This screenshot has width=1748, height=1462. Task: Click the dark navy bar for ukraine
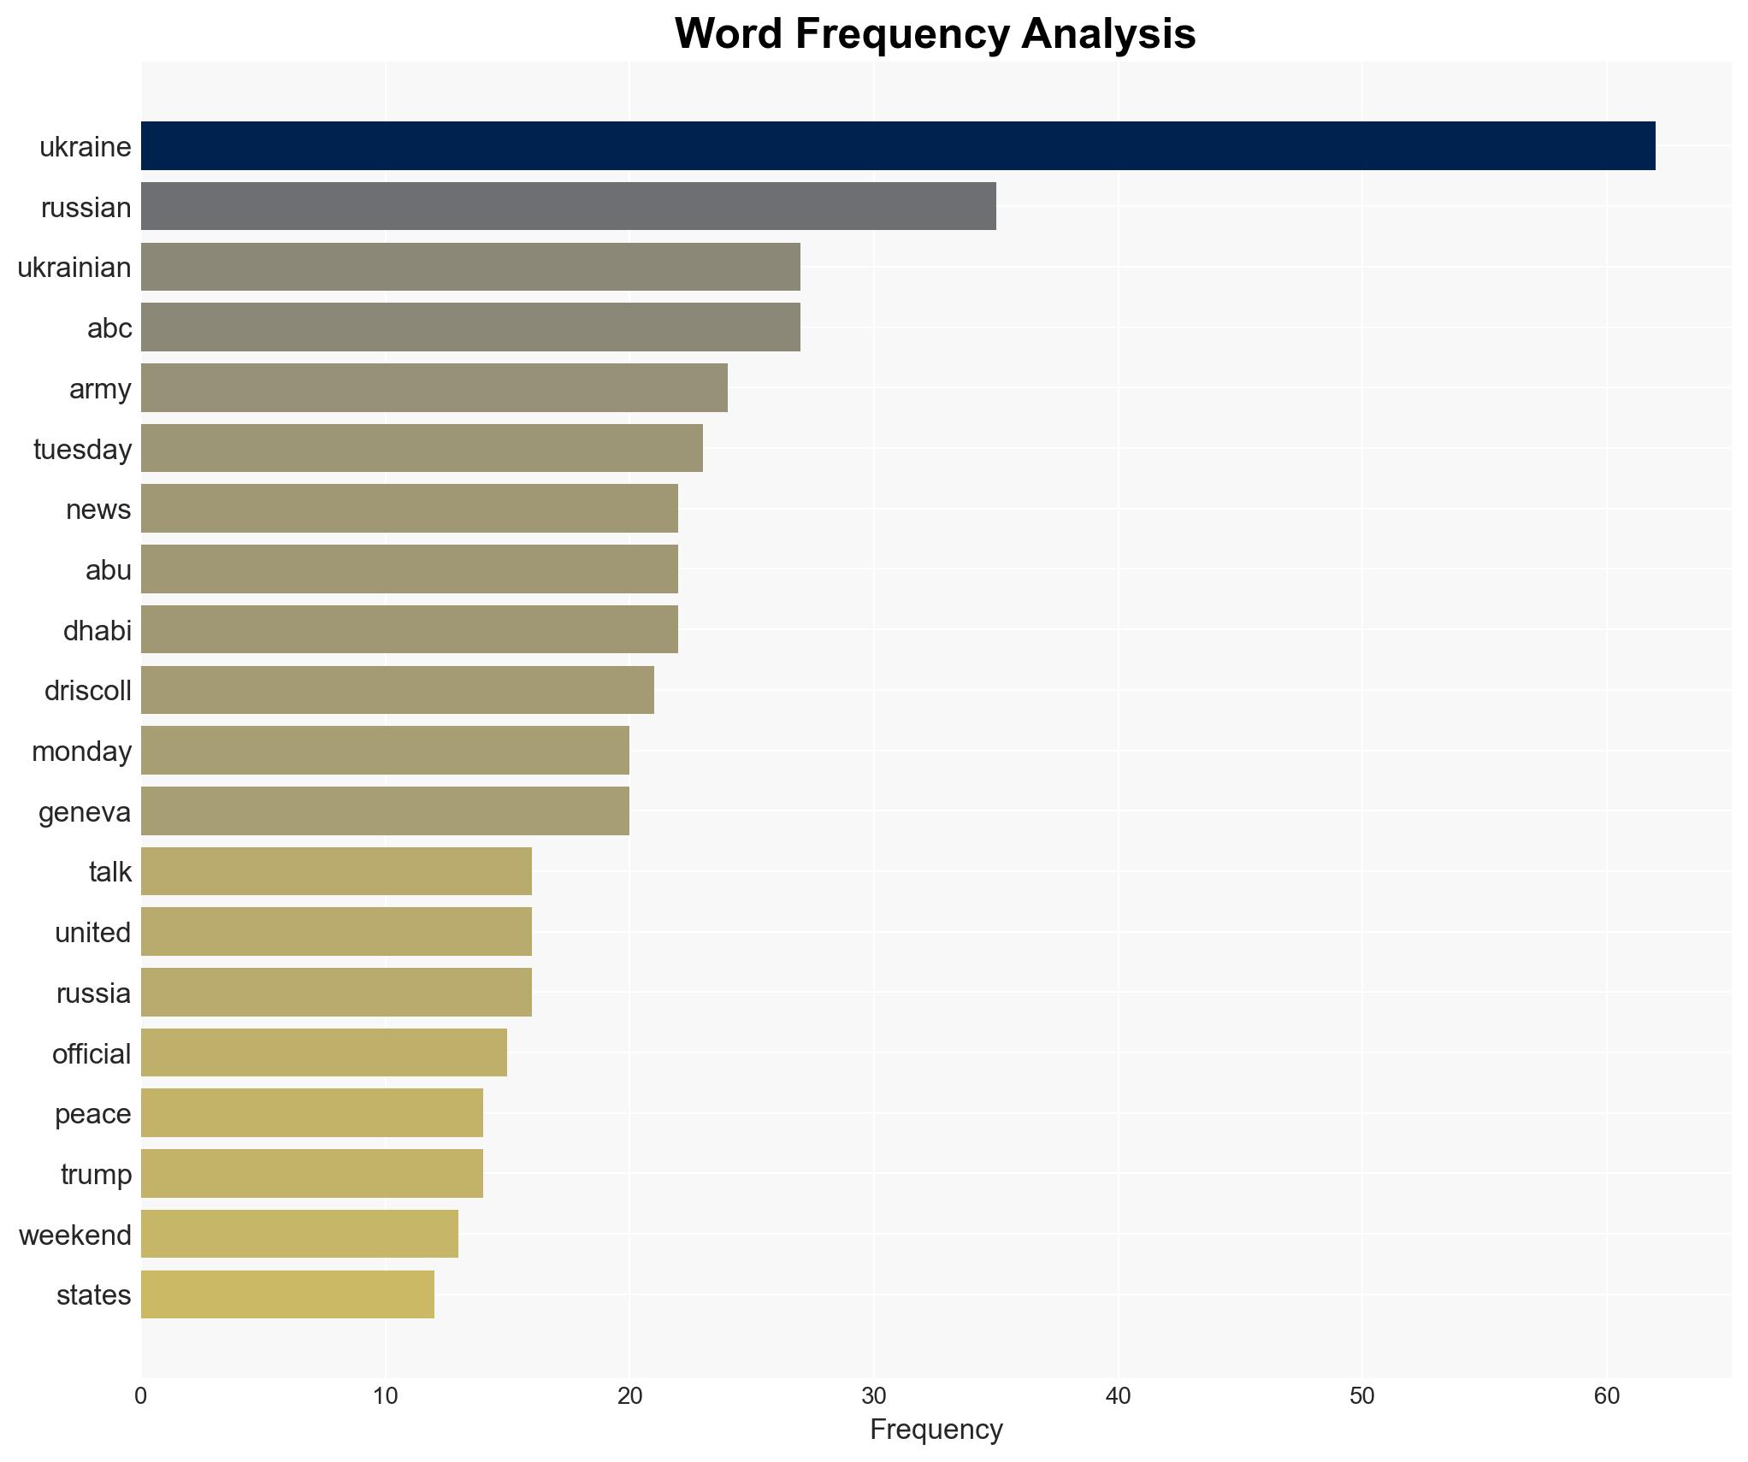(x=898, y=146)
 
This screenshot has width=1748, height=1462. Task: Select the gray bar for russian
(x=568, y=206)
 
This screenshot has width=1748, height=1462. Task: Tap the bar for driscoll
(x=397, y=690)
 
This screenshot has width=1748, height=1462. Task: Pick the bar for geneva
(x=385, y=811)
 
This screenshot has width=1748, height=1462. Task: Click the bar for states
(x=287, y=1294)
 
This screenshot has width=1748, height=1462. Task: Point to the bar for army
(x=434, y=387)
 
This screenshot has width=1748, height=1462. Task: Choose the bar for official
(x=323, y=1052)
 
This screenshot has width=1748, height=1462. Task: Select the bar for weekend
(x=299, y=1234)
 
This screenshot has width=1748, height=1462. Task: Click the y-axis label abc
(x=109, y=327)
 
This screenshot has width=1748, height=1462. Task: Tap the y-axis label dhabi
(x=97, y=630)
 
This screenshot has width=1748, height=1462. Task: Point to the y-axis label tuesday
(x=82, y=449)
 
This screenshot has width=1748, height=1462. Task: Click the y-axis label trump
(x=96, y=1174)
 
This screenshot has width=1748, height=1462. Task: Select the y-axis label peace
(x=92, y=1113)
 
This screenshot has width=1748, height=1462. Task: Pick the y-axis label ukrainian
(x=74, y=268)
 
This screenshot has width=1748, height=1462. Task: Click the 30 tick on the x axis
(x=873, y=1396)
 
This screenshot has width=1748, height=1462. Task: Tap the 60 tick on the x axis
(x=1606, y=1396)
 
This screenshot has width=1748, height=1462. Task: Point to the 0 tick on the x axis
(x=141, y=1396)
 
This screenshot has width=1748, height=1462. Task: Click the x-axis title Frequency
(x=936, y=1430)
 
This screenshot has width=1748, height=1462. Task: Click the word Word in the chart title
(x=729, y=34)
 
